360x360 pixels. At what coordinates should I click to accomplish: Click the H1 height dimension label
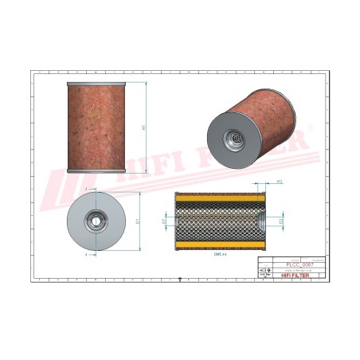[143, 127]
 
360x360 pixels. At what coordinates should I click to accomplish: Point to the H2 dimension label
[280, 183]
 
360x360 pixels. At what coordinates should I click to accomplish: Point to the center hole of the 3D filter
[236, 138]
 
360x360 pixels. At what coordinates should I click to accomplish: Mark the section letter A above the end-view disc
[85, 189]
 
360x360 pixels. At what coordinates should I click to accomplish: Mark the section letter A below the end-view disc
[85, 253]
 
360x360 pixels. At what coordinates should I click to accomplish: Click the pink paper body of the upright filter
[96, 127]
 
